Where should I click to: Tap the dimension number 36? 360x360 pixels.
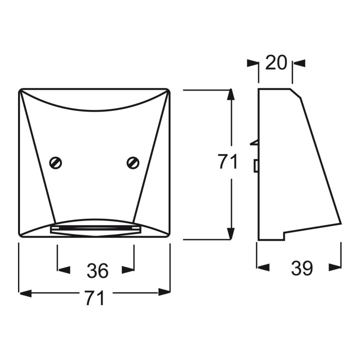97,270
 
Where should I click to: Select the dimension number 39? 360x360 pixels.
302,268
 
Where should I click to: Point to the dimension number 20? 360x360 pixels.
275,63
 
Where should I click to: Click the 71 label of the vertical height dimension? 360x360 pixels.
228,162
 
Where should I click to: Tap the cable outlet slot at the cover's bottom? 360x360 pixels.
95,229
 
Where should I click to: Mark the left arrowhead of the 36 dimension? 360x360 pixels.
63,270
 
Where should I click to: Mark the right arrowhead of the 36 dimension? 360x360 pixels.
128,270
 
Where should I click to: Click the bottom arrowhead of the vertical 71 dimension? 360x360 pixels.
230,232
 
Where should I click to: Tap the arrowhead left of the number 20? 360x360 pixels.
252,63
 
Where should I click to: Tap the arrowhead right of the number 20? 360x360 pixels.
298,63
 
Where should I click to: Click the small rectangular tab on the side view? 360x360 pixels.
255,165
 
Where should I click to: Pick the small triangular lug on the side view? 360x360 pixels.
254,143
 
